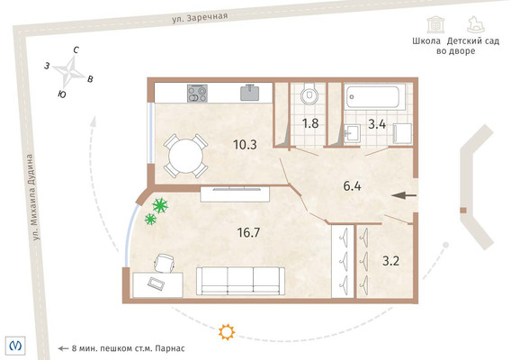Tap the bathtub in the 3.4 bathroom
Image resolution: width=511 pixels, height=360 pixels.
372,97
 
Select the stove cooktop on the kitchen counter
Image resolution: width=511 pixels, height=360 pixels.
198,94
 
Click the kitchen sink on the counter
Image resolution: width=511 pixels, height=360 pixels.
250,93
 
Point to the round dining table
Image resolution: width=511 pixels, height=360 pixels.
185,157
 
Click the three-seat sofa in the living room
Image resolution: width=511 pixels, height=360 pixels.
240,281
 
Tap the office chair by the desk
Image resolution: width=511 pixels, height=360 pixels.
165,263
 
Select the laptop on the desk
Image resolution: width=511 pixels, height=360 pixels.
157,283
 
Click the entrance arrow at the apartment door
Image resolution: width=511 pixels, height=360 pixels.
404,195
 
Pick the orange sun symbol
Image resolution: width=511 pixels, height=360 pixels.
227,332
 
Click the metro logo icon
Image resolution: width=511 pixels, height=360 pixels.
15,345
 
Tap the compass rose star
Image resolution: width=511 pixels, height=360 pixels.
69,70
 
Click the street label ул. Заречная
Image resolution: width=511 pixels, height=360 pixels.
200,17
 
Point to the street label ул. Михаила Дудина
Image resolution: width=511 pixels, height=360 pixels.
33,197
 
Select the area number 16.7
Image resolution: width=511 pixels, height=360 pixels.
248,232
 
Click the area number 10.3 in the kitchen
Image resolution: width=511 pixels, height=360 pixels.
245,145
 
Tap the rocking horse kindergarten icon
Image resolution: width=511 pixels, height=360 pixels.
476,24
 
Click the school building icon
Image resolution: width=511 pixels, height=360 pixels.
435,24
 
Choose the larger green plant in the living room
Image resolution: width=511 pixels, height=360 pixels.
160,205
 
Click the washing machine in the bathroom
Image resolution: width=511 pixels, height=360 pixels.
403,133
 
